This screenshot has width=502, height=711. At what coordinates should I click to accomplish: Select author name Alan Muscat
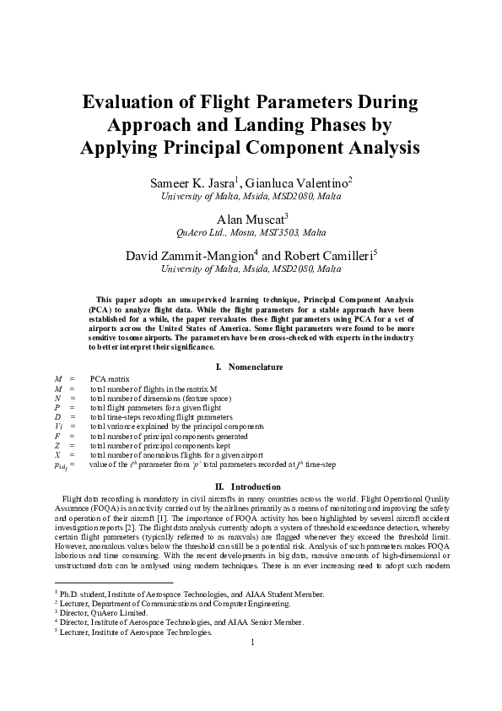click(x=251, y=217)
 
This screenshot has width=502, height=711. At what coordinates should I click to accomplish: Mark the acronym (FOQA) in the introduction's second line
click(x=128, y=508)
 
